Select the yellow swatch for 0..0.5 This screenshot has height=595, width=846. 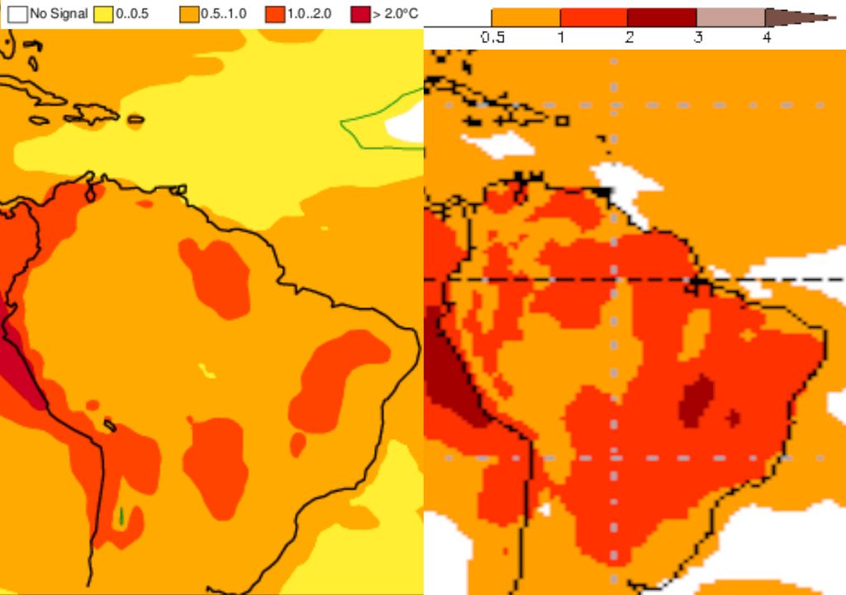pos(103,14)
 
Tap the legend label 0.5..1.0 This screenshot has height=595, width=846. pos(224,14)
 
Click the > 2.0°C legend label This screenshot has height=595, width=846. pos(395,14)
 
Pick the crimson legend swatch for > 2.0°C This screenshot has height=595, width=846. pos(360,14)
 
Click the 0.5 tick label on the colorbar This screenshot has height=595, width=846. pos(492,38)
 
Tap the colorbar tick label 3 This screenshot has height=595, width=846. pos(697,38)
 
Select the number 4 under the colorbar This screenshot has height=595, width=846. pos(766,38)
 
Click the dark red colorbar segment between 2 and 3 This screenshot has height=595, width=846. pos(661,18)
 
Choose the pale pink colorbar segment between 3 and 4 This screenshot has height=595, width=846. pos(730,18)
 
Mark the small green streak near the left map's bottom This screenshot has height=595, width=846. pos(121,516)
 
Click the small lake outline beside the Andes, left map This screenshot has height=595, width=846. pos(109,425)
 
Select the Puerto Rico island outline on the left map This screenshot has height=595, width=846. pos(135,120)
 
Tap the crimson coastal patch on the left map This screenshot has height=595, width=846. pos(21,367)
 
